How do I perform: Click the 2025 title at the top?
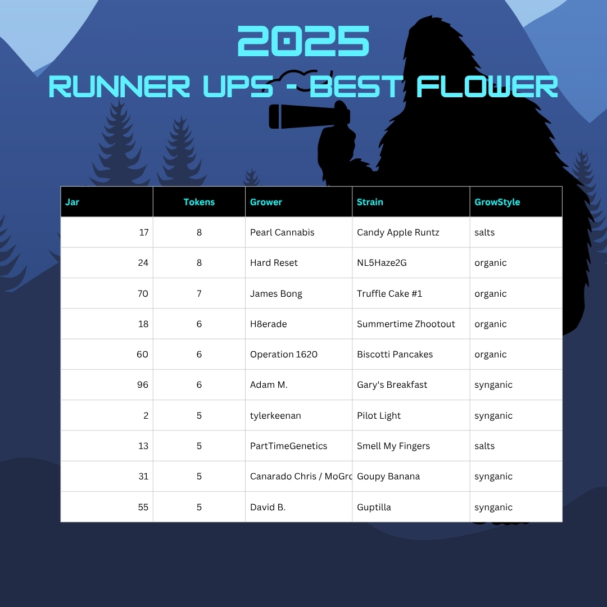tap(303, 41)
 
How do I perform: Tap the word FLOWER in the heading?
tap(487, 87)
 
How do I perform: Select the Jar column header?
tap(72, 202)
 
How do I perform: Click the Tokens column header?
tap(199, 202)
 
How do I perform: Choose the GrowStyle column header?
tap(497, 202)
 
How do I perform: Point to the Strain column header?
tap(370, 202)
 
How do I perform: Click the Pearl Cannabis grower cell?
tap(282, 232)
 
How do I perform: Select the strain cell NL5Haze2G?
tap(381, 263)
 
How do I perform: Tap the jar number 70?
tap(143, 293)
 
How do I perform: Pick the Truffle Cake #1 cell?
tap(389, 293)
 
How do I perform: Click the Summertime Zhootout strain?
tap(406, 324)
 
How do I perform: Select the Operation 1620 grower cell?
tap(283, 354)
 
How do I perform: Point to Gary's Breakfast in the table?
tap(392, 385)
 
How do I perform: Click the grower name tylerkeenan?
tap(275, 415)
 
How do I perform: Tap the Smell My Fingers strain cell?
tap(393, 446)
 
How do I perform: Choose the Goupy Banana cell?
tap(388, 477)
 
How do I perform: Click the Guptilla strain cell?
tap(374, 507)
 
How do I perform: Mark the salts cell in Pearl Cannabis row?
tap(484, 232)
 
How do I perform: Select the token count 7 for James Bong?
tap(199, 293)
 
